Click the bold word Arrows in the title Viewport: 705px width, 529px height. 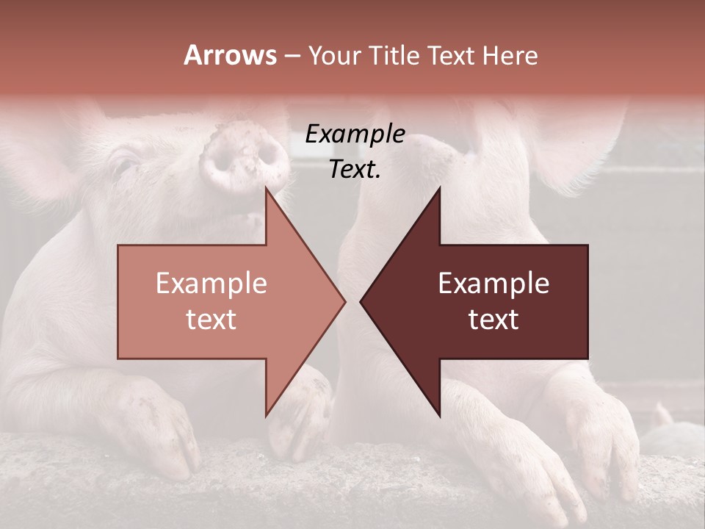(x=230, y=55)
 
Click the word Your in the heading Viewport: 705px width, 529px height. (x=335, y=56)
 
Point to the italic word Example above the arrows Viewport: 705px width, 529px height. (x=355, y=134)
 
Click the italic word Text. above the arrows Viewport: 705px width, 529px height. (x=355, y=169)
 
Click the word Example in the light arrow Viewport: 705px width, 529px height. (x=211, y=284)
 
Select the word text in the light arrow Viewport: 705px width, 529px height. (x=211, y=320)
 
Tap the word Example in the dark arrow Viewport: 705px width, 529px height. (x=493, y=284)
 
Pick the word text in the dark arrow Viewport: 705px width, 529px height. (x=493, y=320)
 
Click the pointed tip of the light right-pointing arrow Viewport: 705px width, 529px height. (x=344, y=301)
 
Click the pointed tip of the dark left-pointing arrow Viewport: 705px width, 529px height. (x=361, y=301)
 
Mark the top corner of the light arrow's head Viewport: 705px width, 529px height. (x=267, y=189)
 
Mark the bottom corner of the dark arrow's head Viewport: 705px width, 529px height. (x=439, y=415)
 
